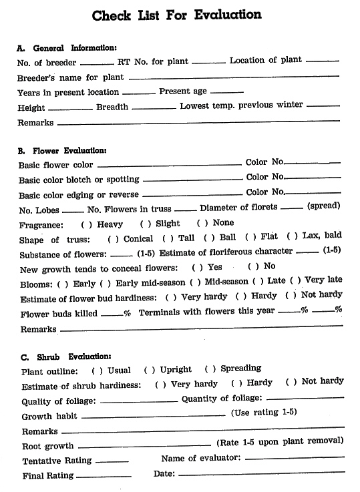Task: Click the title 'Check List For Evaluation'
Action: tap(176, 15)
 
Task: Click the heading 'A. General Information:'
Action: tap(67, 47)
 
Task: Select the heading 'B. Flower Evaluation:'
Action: tap(62, 150)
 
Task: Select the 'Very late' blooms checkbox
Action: tap(299, 280)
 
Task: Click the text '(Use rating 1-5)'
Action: tap(264, 413)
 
